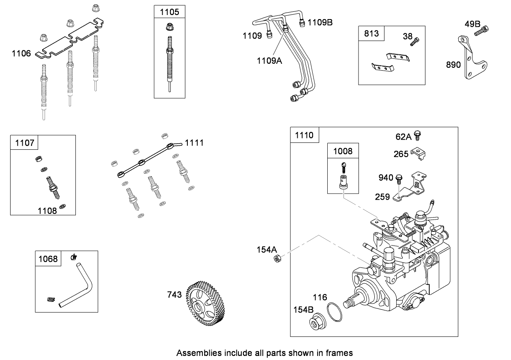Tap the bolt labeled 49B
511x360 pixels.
pos(484,29)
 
